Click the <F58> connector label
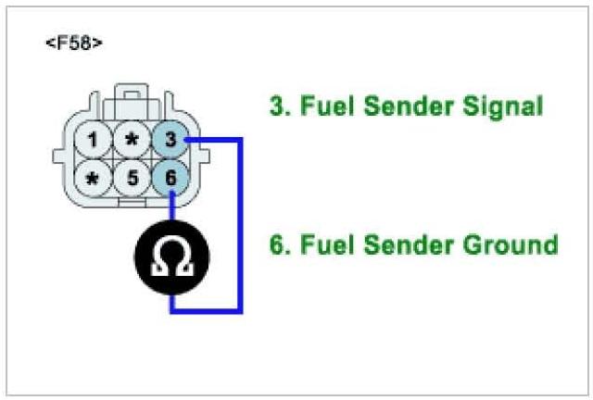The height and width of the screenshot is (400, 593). pos(73,44)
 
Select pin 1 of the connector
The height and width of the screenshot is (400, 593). pos(93,141)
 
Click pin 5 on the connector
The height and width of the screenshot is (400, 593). pos(132,177)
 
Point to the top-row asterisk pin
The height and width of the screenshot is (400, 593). pos(132,141)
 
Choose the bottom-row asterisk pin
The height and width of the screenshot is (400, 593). pos(93,177)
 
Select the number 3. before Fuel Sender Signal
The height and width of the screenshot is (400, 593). pos(279,106)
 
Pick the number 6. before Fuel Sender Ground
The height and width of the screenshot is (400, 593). pos(279,245)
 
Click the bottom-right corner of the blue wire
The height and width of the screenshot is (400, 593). pos(241,311)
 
